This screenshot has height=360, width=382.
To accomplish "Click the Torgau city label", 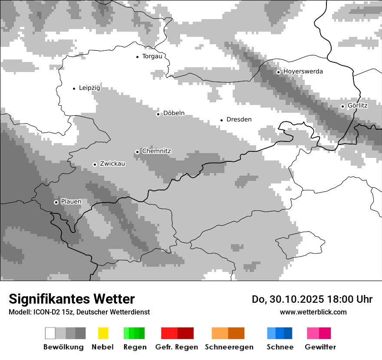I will pos(152,56).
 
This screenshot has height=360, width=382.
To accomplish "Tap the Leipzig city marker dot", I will pos(74,88).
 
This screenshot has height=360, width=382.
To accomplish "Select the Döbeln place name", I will pos(174,113).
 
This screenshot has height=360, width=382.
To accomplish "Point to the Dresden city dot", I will pos(221,120).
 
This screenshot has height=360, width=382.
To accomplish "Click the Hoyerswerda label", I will pos(303,72).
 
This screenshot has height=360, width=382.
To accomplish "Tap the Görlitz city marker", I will pos(342,106).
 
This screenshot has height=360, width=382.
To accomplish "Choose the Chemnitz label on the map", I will pos(156,151).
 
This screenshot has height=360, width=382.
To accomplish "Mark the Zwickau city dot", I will pos(95,164).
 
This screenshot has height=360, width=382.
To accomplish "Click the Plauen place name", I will pos(71,202).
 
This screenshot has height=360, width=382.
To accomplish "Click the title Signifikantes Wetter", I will pos(72,299).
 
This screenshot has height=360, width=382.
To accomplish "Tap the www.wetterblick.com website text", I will pos(313,312).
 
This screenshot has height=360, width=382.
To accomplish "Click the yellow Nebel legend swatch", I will pos(103,333).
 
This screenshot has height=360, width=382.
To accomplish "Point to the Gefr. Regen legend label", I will pos(177,347).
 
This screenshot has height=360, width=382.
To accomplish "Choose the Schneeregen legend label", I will pos(229,347).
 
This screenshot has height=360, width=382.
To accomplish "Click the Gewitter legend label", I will pos(320,347).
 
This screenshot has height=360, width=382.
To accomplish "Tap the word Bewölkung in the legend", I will pos(63,347).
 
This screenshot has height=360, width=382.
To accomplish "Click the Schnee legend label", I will pos(280,347).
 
